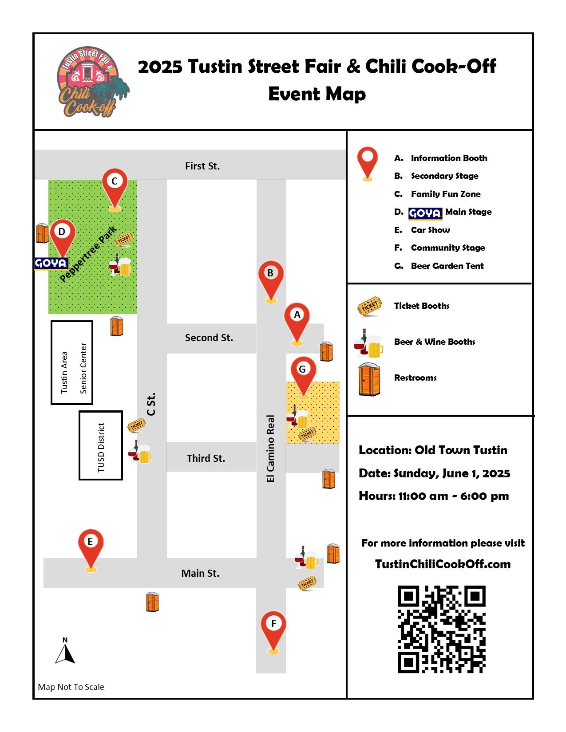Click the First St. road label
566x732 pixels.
pyautogui.click(x=202, y=166)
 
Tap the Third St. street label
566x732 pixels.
pyautogui.click(x=206, y=458)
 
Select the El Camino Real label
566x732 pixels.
pyautogui.click(x=270, y=448)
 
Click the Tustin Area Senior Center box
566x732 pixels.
pyautogui.click(x=72, y=363)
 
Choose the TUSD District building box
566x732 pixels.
pyautogui.click(x=101, y=445)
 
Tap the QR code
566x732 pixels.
pyautogui.click(x=441, y=629)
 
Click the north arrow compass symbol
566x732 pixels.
pyautogui.click(x=65, y=652)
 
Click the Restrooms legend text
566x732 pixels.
pyautogui.click(x=415, y=378)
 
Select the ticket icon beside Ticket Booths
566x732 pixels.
pyautogui.click(x=369, y=306)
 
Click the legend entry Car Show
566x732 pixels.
pyautogui.click(x=430, y=230)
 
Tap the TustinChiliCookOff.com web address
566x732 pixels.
pyautogui.click(x=443, y=564)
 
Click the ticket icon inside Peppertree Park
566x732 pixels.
pyautogui.click(x=124, y=239)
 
